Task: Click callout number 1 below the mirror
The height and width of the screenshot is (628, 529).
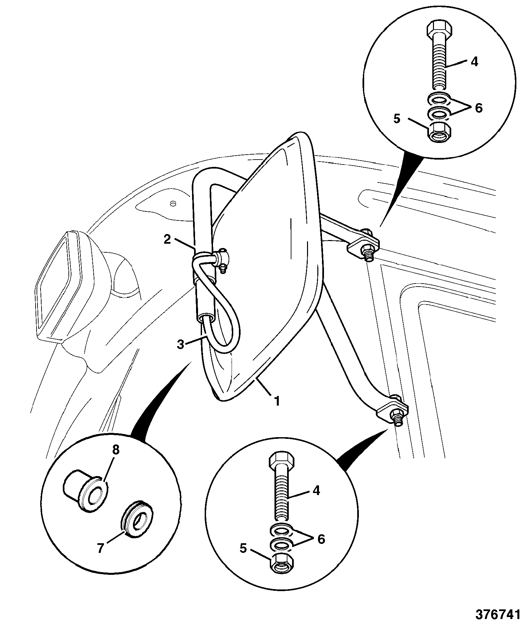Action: pyautogui.click(x=276, y=401)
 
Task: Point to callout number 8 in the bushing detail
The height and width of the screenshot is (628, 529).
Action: pyautogui.click(x=116, y=450)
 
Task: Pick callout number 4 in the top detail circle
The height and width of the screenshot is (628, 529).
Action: pyautogui.click(x=474, y=62)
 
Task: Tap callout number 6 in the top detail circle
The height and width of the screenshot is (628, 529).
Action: pyautogui.click(x=478, y=108)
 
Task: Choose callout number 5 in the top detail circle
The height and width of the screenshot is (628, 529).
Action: pyautogui.click(x=397, y=119)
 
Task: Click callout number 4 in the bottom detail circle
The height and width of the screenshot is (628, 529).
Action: pyautogui.click(x=316, y=490)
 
